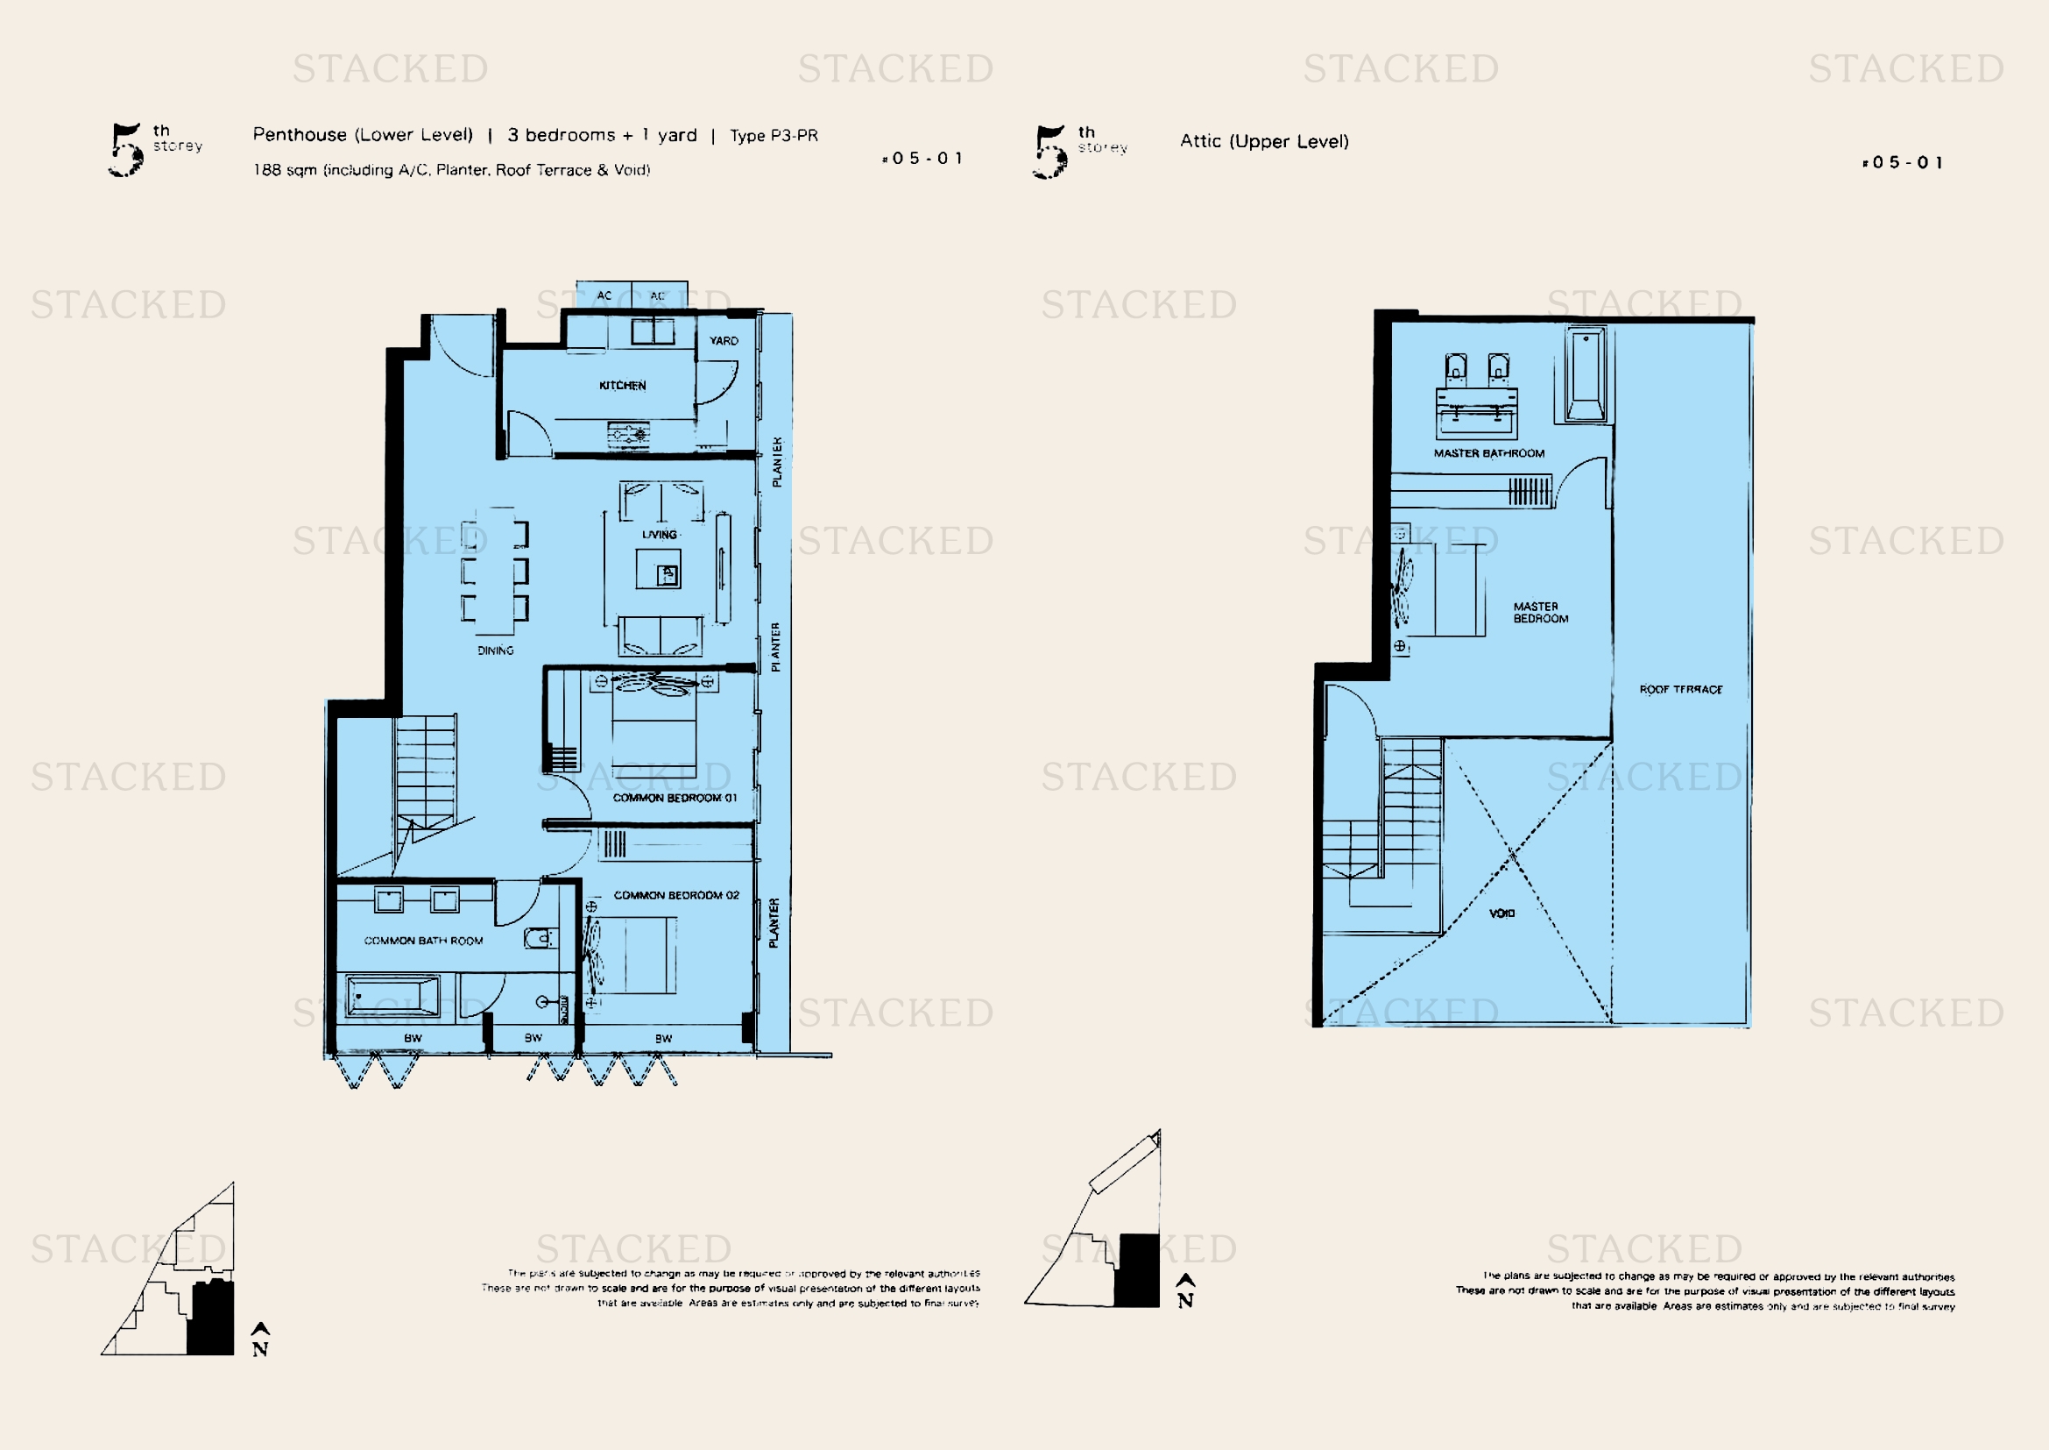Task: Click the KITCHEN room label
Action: [622, 386]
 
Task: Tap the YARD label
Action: [723, 341]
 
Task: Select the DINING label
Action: [495, 650]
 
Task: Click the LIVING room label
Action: [660, 535]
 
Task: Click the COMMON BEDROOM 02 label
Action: [676, 896]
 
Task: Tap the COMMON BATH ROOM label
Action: [423, 941]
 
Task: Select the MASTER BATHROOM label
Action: [1488, 453]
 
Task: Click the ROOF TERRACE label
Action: [1680, 690]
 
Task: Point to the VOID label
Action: [1502, 913]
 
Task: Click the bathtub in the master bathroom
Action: [1585, 375]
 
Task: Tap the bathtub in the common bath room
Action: [392, 997]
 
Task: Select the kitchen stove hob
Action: [628, 435]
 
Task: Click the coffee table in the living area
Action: [659, 569]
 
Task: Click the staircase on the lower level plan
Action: [426, 772]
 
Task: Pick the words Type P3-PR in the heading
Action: [774, 136]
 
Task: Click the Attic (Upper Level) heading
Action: [1264, 141]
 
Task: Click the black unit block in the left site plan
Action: [211, 1318]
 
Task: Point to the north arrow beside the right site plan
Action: [1185, 1291]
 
